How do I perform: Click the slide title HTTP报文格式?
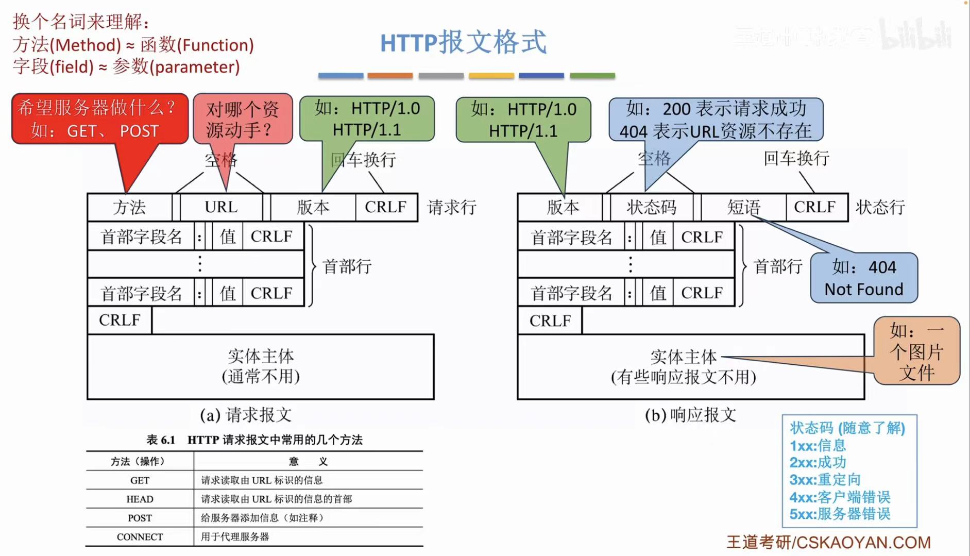click(463, 42)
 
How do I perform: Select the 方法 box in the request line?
click(129, 207)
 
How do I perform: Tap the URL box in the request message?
click(221, 207)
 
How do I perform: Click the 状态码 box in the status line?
click(651, 207)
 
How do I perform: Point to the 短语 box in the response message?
click(743, 207)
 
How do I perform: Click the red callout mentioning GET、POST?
click(99, 119)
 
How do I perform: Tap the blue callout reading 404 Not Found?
click(863, 278)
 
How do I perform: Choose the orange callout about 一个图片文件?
click(916, 351)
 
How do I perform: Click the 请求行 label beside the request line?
click(451, 207)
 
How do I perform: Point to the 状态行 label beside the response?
click(880, 207)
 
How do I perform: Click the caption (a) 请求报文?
click(246, 415)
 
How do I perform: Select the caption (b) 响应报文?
click(690, 415)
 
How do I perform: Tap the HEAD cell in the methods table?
click(140, 499)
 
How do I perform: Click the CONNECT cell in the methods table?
click(140, 537)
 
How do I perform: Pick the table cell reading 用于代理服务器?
click(235, 537)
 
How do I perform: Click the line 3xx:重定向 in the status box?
click(825, 480)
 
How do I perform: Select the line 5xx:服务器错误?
click(840, 514)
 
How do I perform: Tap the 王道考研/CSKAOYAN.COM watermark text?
click(828, 542)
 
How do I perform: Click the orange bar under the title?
click(390, 76)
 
